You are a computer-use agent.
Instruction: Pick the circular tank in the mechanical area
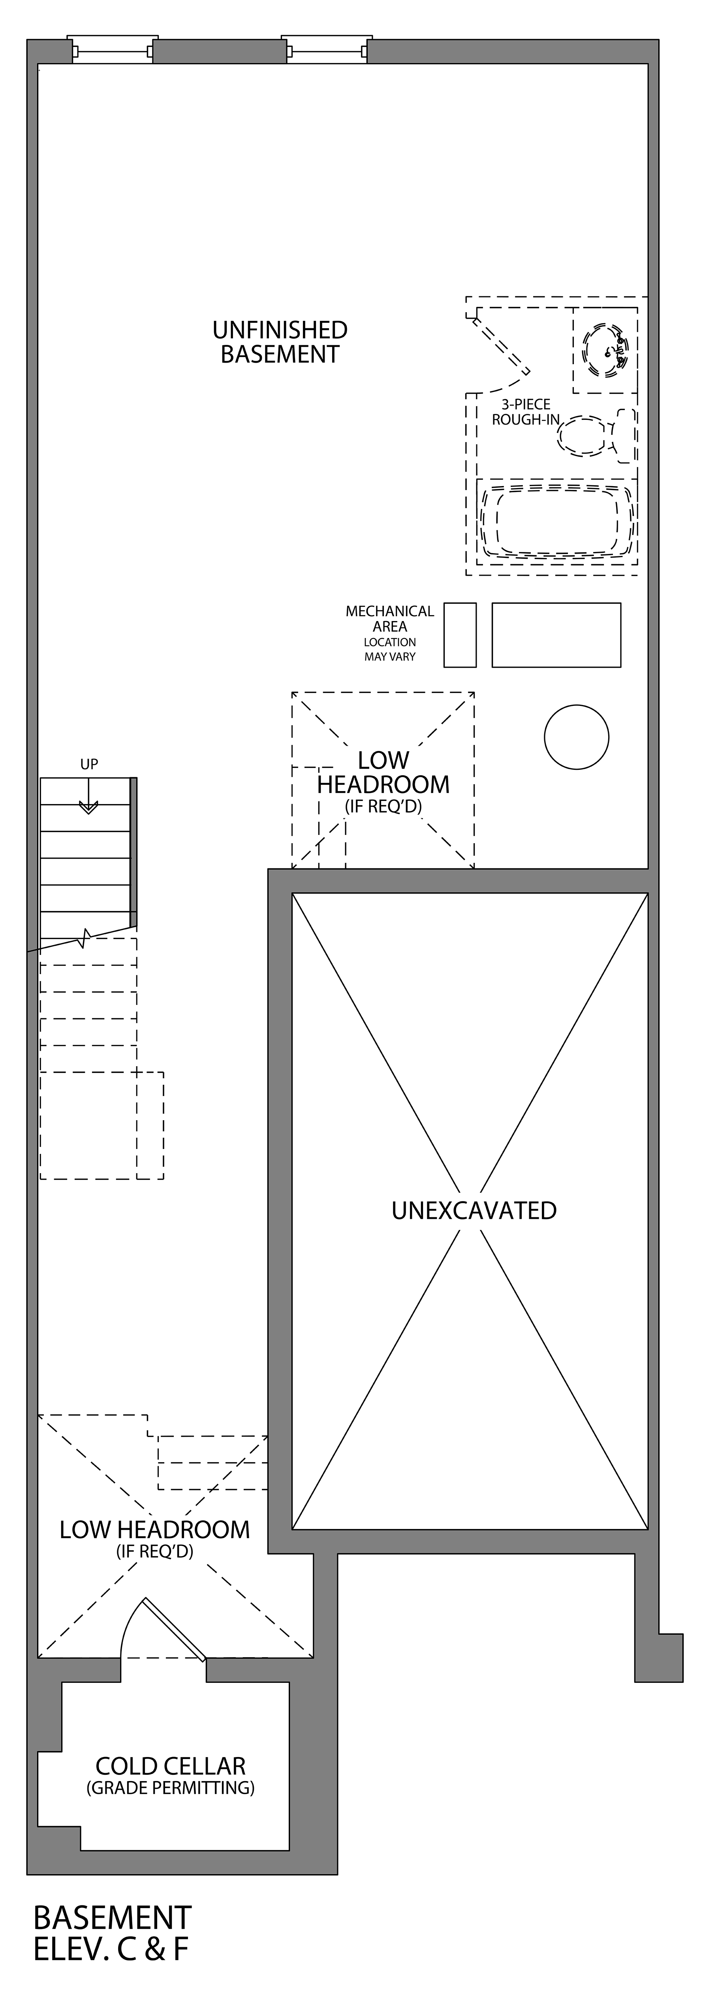(576, 737)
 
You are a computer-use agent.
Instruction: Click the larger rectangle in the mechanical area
(556, 634)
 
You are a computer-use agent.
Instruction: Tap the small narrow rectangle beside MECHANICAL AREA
(459, 634)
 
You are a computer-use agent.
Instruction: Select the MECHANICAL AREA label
(390, 618)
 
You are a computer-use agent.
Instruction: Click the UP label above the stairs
(89, 763)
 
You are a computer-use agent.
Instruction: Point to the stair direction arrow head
(89, 808)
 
